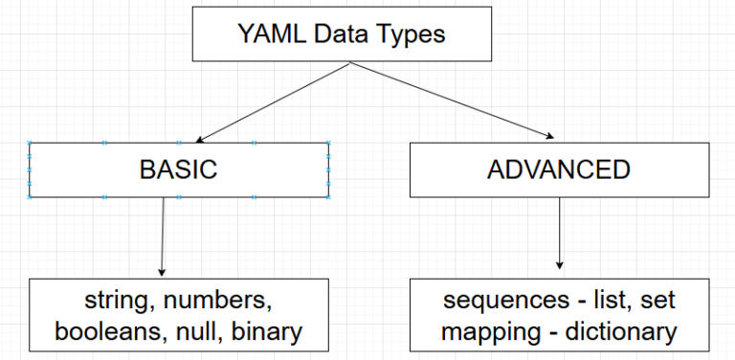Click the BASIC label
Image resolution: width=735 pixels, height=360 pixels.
click(179, 170)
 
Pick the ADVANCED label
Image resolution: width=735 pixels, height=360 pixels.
click(559, 170)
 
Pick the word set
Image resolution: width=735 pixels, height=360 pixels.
click(659, 301)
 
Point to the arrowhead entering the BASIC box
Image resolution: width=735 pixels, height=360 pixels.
click(200, 139)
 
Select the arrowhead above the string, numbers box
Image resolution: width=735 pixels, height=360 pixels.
click(162, 272)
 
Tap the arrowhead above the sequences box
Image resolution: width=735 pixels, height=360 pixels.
click(559, 266)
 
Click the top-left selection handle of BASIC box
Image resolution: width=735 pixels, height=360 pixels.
click(30, 144)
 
